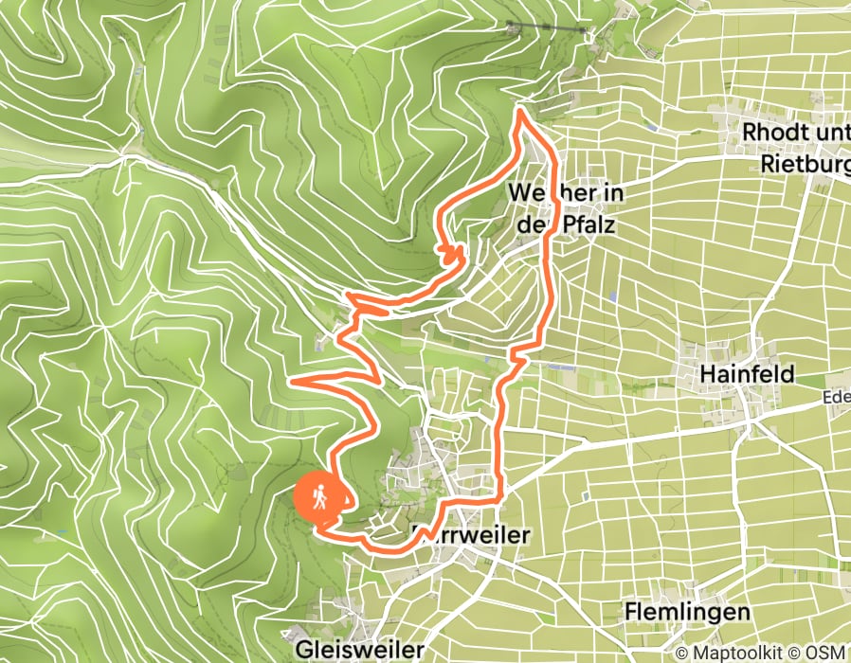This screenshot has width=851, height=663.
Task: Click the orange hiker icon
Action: pos(320,496)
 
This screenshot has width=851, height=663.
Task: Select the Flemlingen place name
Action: pos(687,612)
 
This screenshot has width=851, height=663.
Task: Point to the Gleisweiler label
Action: pos(359,650)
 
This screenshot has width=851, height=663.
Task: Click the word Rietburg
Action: pos(806,165)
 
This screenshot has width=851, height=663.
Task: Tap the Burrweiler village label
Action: pos(471,535)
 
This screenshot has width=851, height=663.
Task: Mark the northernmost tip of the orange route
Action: pos(519,112)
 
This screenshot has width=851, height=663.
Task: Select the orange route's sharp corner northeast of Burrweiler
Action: pos(500,494)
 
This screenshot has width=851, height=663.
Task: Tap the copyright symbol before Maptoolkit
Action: pos(682,653)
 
